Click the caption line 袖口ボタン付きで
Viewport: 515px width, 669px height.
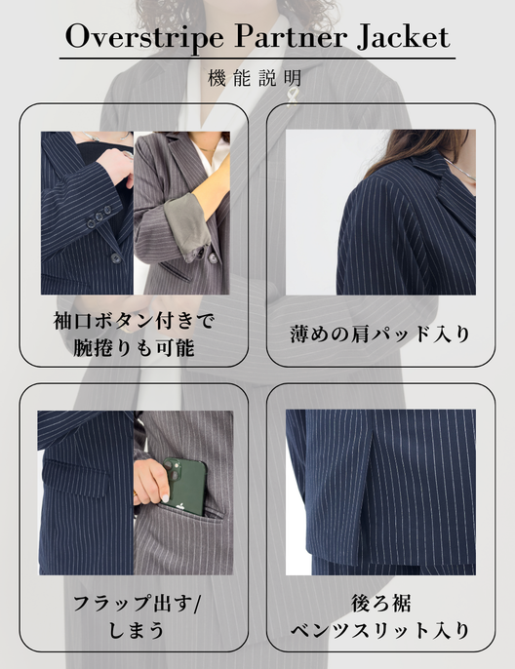point(133,321)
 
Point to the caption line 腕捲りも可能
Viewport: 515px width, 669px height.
point(133,347)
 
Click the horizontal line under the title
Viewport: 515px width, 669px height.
point(257,59)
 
